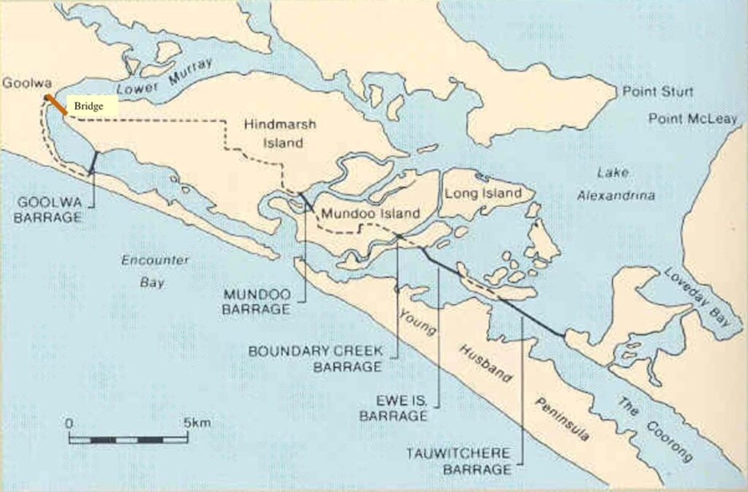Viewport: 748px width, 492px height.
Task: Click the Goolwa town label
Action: click(21, 81)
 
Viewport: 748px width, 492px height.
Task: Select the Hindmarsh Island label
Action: click(273, 134)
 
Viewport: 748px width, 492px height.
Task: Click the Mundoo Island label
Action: click(369, 215)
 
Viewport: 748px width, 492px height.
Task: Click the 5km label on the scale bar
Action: click(197, 423)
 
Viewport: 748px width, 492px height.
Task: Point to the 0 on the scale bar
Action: click(70, 423)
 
